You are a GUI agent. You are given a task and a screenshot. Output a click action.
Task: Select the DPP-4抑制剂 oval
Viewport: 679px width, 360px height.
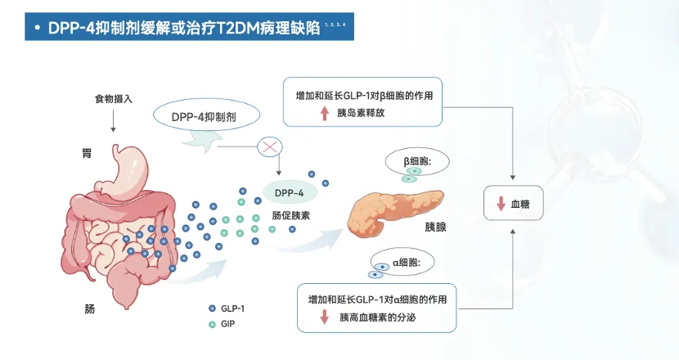tap(205, 117)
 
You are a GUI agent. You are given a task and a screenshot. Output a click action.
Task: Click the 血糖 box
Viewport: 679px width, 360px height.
tap(513, 205)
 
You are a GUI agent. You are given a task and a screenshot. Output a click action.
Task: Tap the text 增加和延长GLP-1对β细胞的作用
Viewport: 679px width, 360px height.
tap(363, 95)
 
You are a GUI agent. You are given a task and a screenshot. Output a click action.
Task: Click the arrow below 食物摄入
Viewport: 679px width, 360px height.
tap(113, 121)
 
